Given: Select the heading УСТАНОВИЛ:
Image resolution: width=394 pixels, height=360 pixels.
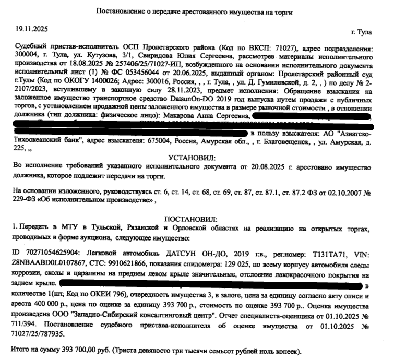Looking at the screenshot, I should point(192,157).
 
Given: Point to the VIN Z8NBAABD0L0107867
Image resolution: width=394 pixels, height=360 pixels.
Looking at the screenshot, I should point(48,264).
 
